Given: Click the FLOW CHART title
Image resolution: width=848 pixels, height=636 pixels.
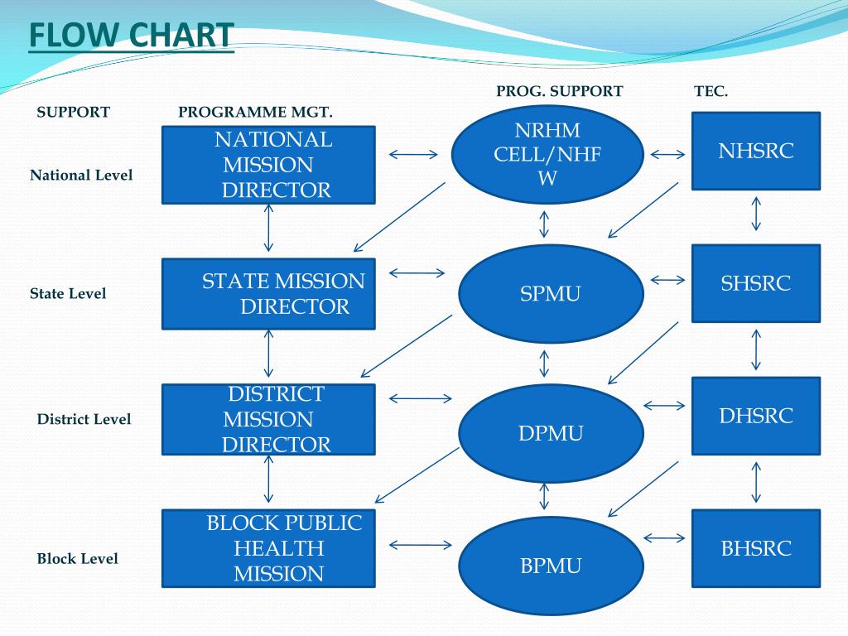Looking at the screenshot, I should [x=131, y=36].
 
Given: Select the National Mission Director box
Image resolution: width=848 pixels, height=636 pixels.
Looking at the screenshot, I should [x=268, y=165].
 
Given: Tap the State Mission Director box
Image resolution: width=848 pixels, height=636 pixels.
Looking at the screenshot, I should [x=268, y=293].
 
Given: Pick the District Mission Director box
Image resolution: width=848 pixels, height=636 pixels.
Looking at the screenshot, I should [x=268, y=419].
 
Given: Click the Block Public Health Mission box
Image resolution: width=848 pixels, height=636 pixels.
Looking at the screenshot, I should [x=268, y=548].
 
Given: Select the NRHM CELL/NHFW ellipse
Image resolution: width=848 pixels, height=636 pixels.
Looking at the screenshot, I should [x=547, y=154].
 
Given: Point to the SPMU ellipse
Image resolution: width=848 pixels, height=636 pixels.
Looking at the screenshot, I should [x=551, y=293].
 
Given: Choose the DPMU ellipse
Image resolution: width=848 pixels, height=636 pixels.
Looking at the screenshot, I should [x=551, y=433].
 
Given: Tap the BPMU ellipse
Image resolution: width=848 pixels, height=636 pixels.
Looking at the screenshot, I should [x=551, y=566].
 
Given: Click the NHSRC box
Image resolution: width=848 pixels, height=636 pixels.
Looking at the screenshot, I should [x=755, y=151].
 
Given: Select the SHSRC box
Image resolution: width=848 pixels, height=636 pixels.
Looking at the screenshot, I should [x=755, y=283].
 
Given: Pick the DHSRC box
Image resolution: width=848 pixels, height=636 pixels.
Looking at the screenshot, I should [x=755, y=416].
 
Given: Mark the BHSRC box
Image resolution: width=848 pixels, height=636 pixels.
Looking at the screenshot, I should [x=755, y=548].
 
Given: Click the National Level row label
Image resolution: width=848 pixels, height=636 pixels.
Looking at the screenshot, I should [x=81, y=176].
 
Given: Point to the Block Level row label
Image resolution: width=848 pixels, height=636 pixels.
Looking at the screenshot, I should [x=78, y=559].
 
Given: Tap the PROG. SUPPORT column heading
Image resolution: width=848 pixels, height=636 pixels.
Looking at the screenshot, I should [x=559, y=92].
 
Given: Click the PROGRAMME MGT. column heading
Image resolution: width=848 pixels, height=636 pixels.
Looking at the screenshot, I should [x=255, y=113].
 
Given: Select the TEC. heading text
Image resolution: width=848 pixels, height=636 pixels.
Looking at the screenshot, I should [x=711, y=92].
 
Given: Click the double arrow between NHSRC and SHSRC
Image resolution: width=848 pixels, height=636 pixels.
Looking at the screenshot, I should [x=755, y=214].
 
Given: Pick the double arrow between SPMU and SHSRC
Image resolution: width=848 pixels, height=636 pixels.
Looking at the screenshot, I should [x=668, y=281].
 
